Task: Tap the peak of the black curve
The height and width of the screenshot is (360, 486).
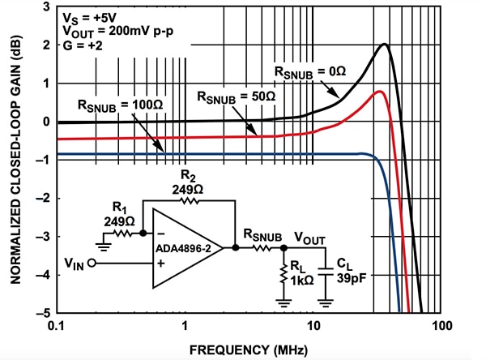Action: (x=385, y=45)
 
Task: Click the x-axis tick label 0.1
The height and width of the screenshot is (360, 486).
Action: (x=58, y=326)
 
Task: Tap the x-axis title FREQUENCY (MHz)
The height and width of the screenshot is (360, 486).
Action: (x=248, y=349)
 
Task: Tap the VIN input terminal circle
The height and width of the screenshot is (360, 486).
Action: (x=92, y=264)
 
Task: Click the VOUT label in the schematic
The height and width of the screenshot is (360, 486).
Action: (x=311, y=238)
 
